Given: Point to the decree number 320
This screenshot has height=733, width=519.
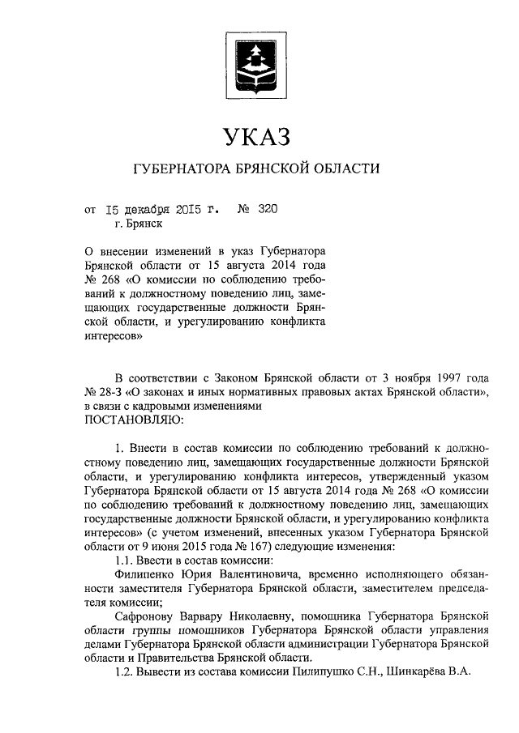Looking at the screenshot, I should [268, 209].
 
